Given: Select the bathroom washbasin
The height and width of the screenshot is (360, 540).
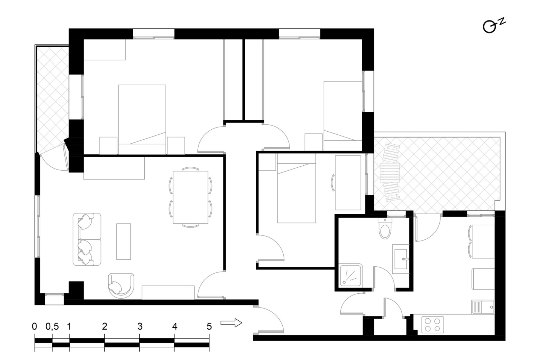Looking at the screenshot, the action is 401,259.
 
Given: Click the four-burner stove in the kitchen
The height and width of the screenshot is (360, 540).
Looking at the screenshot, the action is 433,325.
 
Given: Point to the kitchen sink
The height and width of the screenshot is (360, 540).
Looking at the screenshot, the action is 483,307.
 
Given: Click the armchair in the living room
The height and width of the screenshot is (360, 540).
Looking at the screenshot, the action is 121,286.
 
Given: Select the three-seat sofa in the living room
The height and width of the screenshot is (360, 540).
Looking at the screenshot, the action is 87,239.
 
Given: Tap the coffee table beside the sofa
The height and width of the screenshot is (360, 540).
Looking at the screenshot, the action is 123,242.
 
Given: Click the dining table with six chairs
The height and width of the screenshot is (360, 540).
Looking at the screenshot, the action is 190,197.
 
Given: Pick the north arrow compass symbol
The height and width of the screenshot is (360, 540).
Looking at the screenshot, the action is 494,25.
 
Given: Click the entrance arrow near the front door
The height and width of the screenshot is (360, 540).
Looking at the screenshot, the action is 231,323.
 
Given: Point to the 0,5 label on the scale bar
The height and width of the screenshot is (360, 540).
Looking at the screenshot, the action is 52,327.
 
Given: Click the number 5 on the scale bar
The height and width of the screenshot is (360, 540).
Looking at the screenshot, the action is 209,326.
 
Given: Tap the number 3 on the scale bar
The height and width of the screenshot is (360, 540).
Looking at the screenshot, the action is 140,326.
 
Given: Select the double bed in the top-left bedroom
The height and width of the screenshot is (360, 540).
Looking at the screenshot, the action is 142,120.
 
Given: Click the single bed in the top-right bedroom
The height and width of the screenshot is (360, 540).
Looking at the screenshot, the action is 343,116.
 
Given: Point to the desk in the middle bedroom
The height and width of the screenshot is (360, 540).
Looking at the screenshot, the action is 348,183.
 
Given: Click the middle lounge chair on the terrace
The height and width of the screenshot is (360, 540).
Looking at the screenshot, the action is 390,172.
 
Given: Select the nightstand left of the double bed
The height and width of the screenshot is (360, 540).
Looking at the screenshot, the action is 108,146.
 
